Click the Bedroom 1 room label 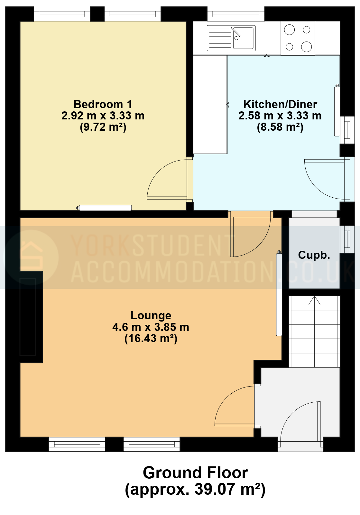tap(103, 104)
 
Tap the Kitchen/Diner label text tap(280, 104)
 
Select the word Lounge tap(151, 316)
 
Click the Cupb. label tap(314, 255)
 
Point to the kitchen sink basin tap(243, 38)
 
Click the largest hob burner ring tap(306, 47)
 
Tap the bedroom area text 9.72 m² tap(103, 127)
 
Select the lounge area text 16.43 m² tap(151, 338)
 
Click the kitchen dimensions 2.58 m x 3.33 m tap(280, 116)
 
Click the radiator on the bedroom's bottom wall tap(105, 208)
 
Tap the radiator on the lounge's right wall tap(279, 295)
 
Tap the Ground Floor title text tap(195, 473)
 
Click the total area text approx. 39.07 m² tap(195, 490)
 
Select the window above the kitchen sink tap(236, 14)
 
